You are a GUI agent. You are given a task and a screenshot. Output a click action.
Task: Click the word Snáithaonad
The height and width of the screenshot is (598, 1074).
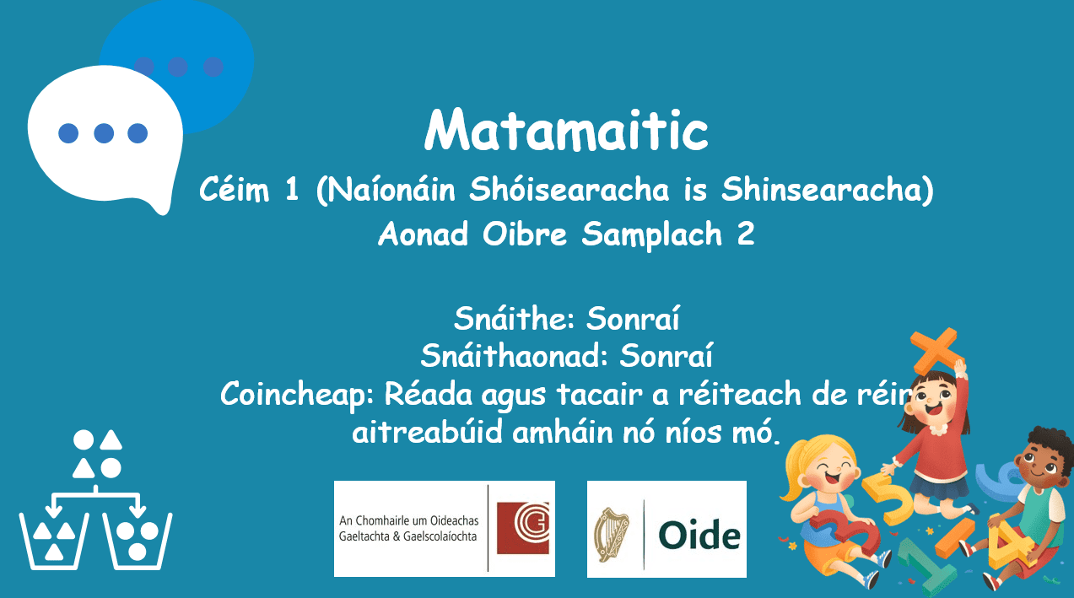515,356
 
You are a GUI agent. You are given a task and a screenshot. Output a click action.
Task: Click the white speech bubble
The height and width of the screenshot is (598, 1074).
105,135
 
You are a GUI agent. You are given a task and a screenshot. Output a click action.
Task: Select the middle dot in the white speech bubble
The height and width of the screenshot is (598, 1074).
104,133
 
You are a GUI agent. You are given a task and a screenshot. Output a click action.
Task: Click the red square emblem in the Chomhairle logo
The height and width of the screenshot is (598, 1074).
523,528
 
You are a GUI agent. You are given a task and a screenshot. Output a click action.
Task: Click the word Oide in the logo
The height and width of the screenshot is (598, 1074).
699,535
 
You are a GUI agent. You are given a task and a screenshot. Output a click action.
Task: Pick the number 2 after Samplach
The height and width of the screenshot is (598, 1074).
745,234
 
